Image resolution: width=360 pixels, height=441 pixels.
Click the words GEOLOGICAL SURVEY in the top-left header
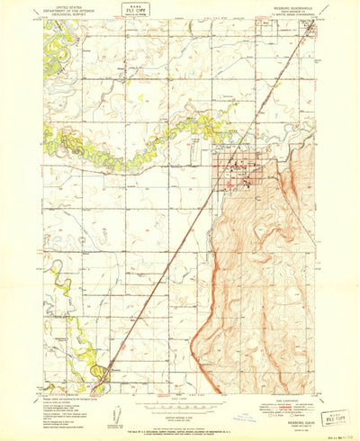pyautogui.click(x=68, y=14)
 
